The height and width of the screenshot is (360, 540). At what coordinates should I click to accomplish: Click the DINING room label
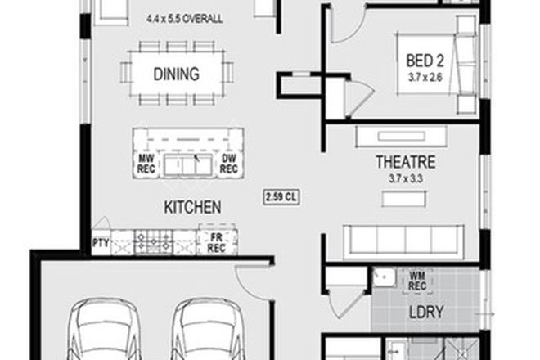pos(176,74)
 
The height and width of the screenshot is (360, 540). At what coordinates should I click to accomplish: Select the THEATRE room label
pos(404,162)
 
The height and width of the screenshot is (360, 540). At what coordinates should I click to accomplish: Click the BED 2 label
pos(426,61)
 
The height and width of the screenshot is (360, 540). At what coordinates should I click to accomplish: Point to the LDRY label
pos(425,312)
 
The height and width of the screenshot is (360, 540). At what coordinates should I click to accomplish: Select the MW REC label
pos(146,164)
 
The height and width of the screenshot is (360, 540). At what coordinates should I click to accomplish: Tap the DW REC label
pos(229,164)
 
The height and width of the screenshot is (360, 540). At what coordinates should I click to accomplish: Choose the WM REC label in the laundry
pos(416,281)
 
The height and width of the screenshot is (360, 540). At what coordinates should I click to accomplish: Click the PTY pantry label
pos(101,242)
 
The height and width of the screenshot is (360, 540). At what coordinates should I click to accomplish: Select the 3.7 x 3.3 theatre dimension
pos(404,176)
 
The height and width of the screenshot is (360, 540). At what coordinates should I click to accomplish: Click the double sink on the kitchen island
pos(187,166)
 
